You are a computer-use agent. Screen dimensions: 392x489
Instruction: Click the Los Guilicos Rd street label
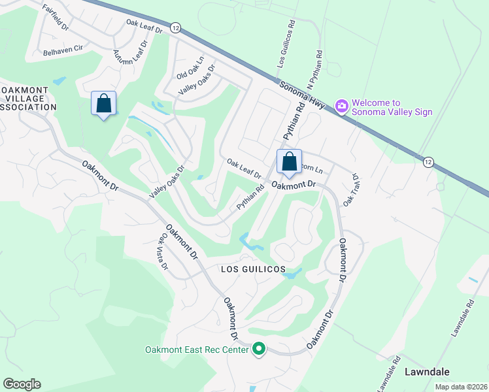[x=283, y=44]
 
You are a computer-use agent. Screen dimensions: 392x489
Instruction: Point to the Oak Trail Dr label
[x=352, y=189]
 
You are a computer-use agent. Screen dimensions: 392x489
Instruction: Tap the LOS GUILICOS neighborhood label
[x=252, y=269]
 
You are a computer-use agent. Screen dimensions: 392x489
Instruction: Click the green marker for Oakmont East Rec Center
[x=259, y=350]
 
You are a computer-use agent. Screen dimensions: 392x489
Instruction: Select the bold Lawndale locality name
[x=427, y=371]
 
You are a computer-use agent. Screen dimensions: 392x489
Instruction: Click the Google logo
[x=22, y=384]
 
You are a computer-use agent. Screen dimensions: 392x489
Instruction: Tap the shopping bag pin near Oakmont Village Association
[x=103, y=104]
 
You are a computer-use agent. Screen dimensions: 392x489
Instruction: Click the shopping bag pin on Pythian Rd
[x=288, y=162]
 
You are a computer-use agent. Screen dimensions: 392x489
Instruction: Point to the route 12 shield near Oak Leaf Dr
[x=175, y=27]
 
